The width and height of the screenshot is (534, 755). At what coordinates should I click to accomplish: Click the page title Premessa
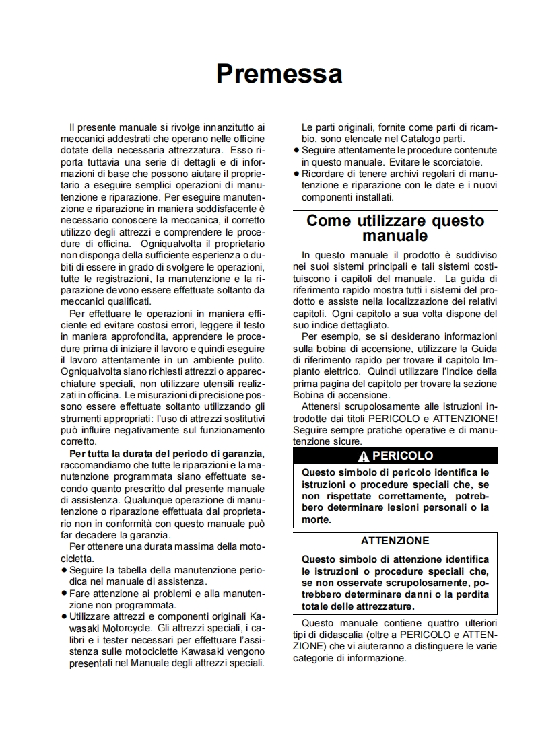(279, 73)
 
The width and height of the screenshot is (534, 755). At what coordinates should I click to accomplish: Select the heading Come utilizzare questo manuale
(395, 228)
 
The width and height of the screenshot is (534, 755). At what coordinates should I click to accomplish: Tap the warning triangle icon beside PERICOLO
(364, 456)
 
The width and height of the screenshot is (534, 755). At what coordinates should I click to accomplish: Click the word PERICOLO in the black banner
(403, 456)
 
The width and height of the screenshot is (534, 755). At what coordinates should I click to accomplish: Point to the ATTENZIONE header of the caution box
(395, 540)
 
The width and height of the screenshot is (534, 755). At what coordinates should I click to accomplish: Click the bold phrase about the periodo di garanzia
(167, 453)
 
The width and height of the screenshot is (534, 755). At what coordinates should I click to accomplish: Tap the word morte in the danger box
(316, 519)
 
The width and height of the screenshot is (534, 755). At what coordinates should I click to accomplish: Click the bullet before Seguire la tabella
(63, 569)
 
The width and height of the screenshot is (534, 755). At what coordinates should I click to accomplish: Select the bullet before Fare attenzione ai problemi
(63, 594)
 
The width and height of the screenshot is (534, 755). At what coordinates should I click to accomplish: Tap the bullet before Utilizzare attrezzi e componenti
(63, 616)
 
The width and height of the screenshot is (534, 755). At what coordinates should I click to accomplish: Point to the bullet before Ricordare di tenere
(296, 174)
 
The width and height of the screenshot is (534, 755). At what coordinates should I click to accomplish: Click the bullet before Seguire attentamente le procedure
(296, 150)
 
